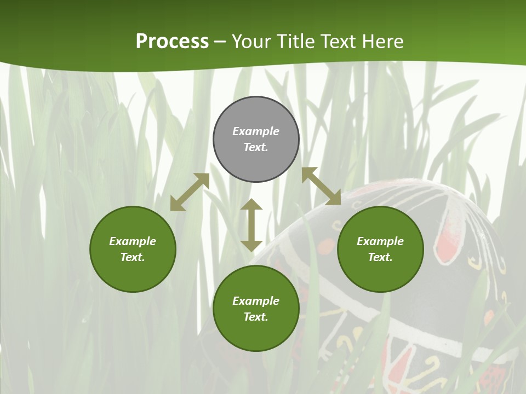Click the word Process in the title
tap(172, 42)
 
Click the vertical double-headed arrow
tap(251, 225)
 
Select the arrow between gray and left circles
tap(190, 192)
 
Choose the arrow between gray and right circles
tap(321, 186)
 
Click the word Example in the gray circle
tap(256, 131)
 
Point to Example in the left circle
tap(133, 241)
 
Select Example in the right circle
tap(380, 241)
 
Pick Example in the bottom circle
tap(256, 301)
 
